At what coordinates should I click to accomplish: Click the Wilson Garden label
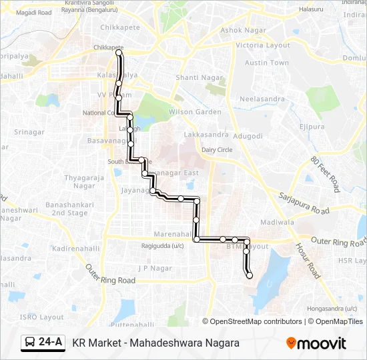pyautogui.click(x=195, y=112)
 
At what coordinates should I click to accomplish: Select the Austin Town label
pyautogui.click(x=266, y=63)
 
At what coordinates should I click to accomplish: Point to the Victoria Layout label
pyautogui.click(x=263, y=45)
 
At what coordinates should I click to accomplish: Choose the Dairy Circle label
pyautogui.click(x=217, y=150)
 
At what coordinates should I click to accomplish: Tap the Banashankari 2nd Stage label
pyautogui.click(x=69, y=209)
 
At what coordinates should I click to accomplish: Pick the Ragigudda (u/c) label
pyautogui.click(x=162, y=245)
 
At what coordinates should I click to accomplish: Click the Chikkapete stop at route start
pyautogui.click(x=119, y=53)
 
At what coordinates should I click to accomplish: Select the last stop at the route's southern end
pyautogui.click(x=250, y=275)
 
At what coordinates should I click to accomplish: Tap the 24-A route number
pyautogui.click(x=51, y=343)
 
